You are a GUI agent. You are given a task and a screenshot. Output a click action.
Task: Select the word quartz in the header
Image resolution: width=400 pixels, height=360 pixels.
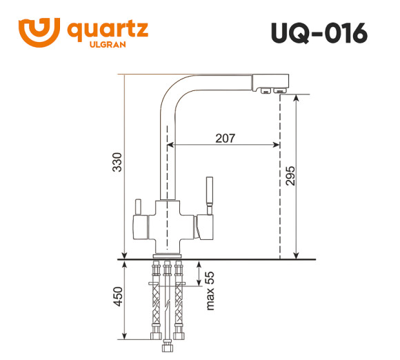point(107,29)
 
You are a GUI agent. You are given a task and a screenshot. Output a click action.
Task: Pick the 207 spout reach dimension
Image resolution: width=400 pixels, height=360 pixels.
point(225,138)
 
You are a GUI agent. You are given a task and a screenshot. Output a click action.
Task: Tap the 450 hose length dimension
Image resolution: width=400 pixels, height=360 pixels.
point(117,297)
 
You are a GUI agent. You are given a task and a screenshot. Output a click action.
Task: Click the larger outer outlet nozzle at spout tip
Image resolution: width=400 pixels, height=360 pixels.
point(280,91)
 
